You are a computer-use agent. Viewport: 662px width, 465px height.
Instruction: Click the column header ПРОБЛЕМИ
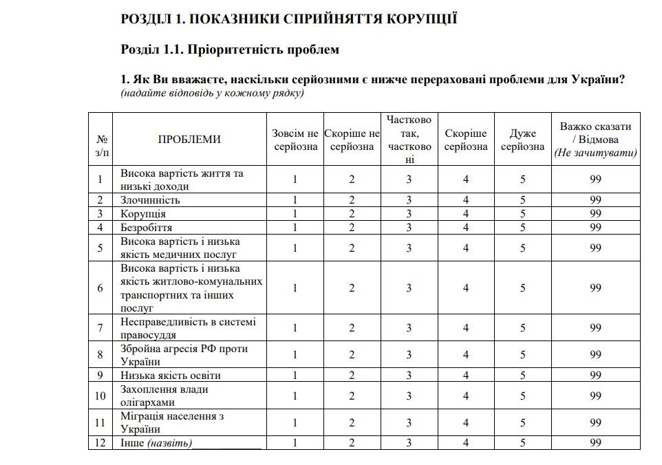[x=189, y=140]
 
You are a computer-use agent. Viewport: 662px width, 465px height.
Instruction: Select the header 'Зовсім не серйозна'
[x=295, y=140]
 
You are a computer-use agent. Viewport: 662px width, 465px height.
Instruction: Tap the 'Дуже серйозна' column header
[x=522, y=140]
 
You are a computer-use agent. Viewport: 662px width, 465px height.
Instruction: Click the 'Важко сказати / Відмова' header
[x=595, y=140]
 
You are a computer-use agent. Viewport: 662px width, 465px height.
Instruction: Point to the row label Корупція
[x=143, y=214]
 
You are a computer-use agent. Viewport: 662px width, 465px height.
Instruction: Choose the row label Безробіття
[x=147, y=227]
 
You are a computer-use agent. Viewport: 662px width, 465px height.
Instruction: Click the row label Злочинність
[x=151, y=200]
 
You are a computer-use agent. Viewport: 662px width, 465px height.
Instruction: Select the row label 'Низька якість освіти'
[x=171, y=376]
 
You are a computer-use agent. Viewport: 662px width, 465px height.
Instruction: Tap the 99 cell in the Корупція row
[x=595, y=214]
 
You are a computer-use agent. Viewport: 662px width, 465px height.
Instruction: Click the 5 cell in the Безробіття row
[x=522, y=227]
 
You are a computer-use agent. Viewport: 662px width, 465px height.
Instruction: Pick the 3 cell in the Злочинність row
[x=409, y=200]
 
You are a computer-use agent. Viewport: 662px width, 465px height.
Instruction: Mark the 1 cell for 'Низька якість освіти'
[x=295, y=376]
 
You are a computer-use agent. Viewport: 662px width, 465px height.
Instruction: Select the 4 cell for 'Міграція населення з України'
[x=466, y=422]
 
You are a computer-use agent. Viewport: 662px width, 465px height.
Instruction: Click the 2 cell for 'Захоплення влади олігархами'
[x=352, y=396]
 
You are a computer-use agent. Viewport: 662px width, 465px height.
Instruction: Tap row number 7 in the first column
[x=100, y=328]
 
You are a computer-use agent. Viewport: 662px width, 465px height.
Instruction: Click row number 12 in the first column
[x=100, y=442]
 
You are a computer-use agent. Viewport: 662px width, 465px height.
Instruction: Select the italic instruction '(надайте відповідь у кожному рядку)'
[x=212, y=93]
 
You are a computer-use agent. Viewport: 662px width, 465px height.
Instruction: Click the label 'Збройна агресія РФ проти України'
[x=184, y=355]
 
